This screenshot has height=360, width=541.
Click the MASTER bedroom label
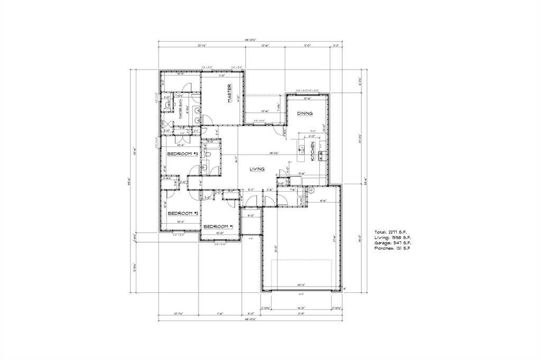(230, 93)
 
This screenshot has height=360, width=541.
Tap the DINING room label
(304, 113)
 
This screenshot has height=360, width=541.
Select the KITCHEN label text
(313, 151)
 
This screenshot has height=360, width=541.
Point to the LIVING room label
(257, 169)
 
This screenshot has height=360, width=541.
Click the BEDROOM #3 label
(182, 154)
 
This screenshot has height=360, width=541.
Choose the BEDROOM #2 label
(182, 213)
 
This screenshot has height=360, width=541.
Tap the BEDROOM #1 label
(218, 226)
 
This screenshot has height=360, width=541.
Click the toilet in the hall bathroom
(208, 154)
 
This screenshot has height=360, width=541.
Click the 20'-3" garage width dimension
(302, 285)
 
